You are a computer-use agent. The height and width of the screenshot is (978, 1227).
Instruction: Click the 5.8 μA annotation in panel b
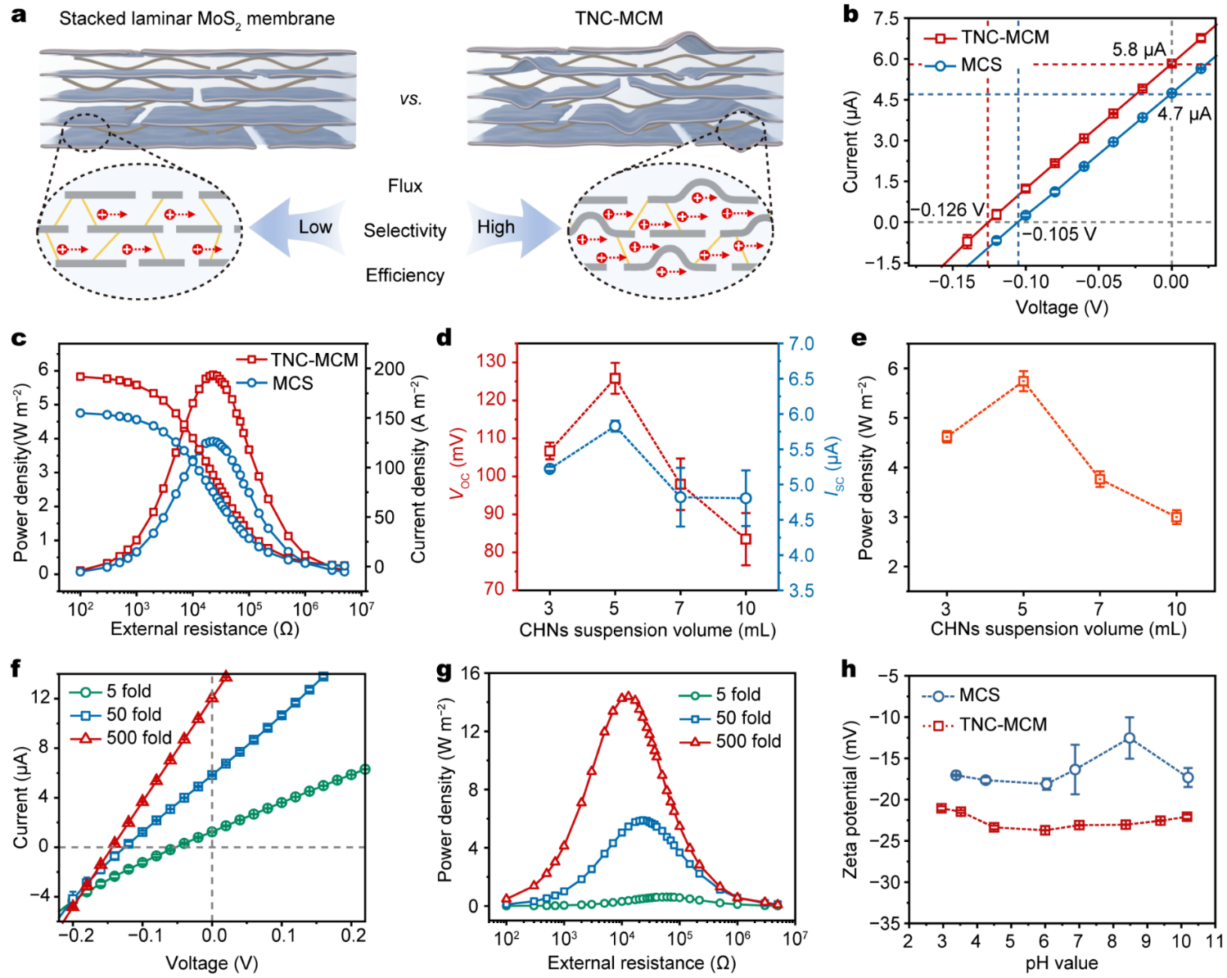[x=1139, y=50]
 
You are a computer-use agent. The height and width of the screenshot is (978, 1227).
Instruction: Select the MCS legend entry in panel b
[x=981, y=65]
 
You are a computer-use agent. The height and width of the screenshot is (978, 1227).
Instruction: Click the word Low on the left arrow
[x=315, y=227]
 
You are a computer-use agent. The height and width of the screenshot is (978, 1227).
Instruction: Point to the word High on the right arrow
[x=496, y=227]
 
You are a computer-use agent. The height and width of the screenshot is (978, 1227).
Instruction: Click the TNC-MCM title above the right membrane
[x=619, y=18]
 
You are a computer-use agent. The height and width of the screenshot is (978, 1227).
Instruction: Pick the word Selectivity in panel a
[x=405, y=231]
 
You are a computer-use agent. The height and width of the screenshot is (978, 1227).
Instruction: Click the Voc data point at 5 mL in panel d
[x=615, y=378]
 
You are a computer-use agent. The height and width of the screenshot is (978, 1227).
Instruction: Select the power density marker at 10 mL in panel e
[x=1176, y=517]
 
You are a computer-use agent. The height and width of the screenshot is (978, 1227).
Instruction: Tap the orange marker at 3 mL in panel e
[x=947, y=437]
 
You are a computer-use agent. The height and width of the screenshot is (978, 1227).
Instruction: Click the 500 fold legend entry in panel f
[x=138, y=738]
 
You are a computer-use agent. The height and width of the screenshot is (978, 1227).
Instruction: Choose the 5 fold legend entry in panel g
[x=738, y=695]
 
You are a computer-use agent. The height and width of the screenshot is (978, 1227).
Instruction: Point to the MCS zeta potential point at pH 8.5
[x=1130, y=738]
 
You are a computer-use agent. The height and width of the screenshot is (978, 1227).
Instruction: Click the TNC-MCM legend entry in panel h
[x=1003, y=725]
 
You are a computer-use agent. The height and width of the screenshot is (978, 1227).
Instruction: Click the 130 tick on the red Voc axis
[x=494, y=361]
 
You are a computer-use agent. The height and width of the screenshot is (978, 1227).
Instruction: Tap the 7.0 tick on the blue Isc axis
[x=801, y=344]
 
